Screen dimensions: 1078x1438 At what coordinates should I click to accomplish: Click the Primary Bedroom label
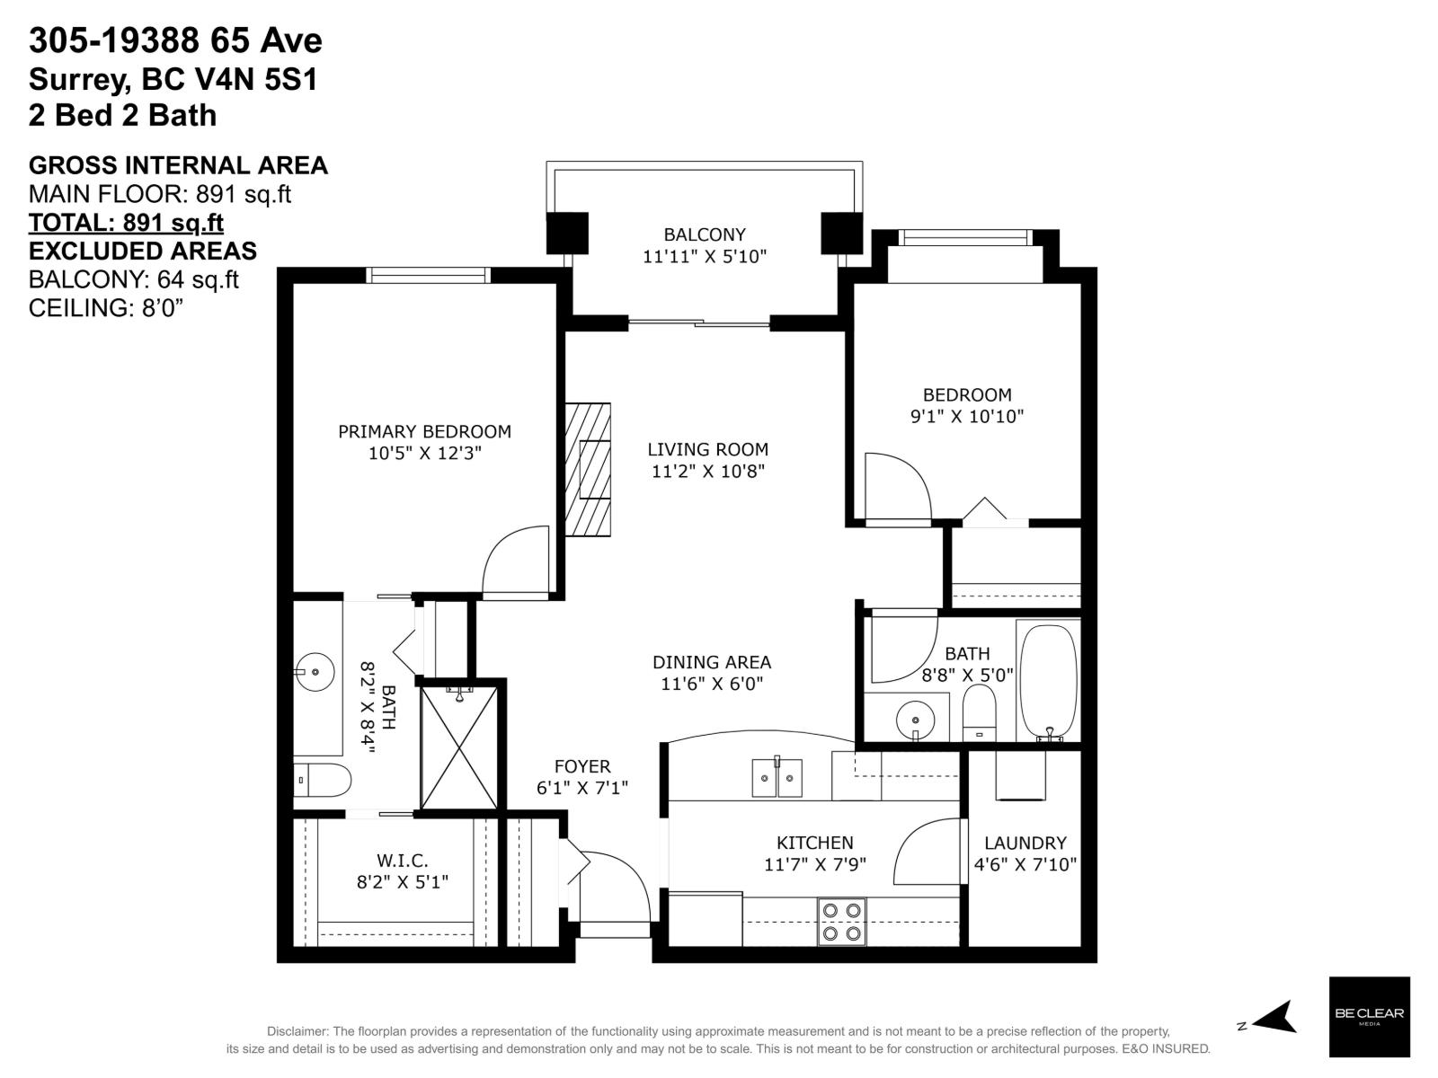click(x=424, y=432)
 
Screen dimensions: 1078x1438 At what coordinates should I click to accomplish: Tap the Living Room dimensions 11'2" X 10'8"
click(x=707, y=471)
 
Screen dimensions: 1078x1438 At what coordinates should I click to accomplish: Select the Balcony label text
click(x=705, y=235)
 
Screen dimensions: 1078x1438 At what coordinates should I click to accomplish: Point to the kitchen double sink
click(x=777, y=777)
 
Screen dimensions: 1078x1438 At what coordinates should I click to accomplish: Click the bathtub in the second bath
click(x=1049, y=680)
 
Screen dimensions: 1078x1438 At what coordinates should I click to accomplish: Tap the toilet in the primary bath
click(x=323, y=780)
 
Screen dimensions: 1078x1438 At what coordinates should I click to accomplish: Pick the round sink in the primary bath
click(x=315, y=671)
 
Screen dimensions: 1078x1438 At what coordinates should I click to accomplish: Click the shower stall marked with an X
click(x=459, y=747)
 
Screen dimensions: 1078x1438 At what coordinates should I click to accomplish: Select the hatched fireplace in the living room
click(x=588, y=470)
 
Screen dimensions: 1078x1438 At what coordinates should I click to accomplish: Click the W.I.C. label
click(x=402, y=861)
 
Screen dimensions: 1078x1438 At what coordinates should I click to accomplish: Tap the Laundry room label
click(x=1025, y=843)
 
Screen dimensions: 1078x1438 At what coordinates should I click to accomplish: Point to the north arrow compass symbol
click(x=1274, y=1018)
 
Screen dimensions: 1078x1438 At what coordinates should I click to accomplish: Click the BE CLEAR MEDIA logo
click(x=1369, y=1016)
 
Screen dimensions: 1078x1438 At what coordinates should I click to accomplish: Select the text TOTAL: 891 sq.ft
click(x=126, y=222)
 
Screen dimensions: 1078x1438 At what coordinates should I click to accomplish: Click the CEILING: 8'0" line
click(x=106, y=308)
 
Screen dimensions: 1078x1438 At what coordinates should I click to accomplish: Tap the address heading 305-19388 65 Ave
click(x=175, y=40)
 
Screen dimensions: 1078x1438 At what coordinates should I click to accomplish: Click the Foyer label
click(x=581, y=766)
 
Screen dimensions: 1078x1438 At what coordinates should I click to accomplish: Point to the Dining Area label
click(x=711, y=662)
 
